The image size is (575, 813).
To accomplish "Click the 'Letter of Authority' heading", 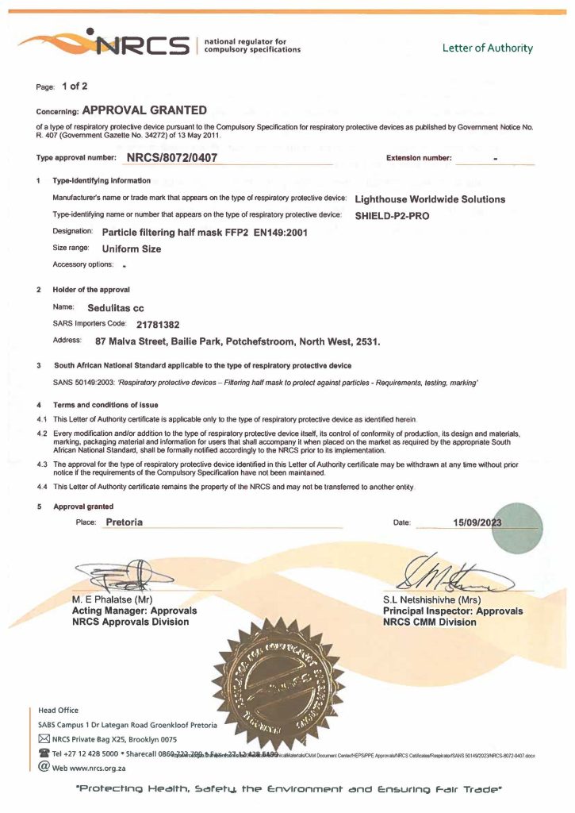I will tap(488, 48).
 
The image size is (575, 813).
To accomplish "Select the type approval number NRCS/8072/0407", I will tap(171, 157).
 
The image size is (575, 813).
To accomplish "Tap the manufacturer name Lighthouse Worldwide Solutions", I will tap(430, 199).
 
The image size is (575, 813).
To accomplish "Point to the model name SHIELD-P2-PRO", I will tap(392, 215).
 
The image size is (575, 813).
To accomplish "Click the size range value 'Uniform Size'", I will tap(132, 249).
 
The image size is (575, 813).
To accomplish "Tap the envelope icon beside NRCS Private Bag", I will tap(44, 739).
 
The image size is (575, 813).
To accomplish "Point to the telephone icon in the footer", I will tap(44, 753).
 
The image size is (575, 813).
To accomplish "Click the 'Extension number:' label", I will tap(419, 158).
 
